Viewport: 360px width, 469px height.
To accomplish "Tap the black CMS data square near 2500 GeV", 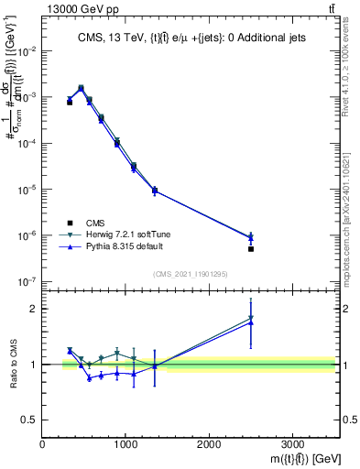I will click(x=250, y=248).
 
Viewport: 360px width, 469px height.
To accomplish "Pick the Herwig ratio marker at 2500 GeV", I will click(x=250, y=318).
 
